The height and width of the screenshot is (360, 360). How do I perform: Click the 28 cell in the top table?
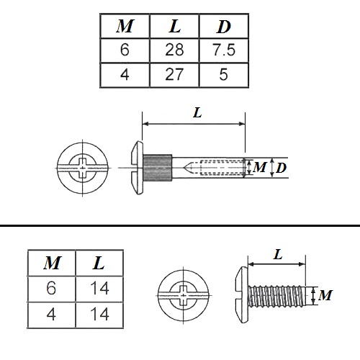tap(174, 50)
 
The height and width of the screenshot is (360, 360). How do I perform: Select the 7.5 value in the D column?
tap(223, 50)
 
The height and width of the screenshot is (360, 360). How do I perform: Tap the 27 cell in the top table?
tap(174, 74)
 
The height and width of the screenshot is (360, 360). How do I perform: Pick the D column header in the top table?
tap(224, 27)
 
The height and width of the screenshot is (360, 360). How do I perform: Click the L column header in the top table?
tap(175, 26)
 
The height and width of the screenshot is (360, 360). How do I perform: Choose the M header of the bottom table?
tap(53, 263)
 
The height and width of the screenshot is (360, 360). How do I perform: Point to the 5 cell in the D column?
tap(223, 74)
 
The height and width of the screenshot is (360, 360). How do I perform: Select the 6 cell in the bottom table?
tap(51, 288)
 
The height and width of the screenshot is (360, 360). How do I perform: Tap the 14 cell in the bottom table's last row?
tap(99, 314)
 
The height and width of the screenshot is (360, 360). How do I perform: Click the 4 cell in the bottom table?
tap(51, 314)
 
